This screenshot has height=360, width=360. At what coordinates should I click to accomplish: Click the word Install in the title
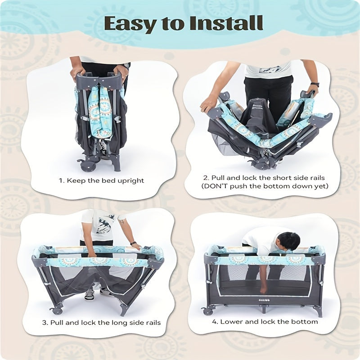(x=226, y=23)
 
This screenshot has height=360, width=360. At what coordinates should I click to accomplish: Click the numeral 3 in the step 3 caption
(x=45, y=323)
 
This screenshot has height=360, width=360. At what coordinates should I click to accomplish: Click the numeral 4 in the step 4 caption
(x=215, y=322)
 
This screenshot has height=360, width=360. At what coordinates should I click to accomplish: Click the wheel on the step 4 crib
(x=208, y=311)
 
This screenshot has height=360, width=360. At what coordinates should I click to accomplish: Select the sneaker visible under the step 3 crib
(x=90, y=295)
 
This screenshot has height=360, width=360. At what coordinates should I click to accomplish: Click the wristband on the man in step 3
(x=132, y=243)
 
